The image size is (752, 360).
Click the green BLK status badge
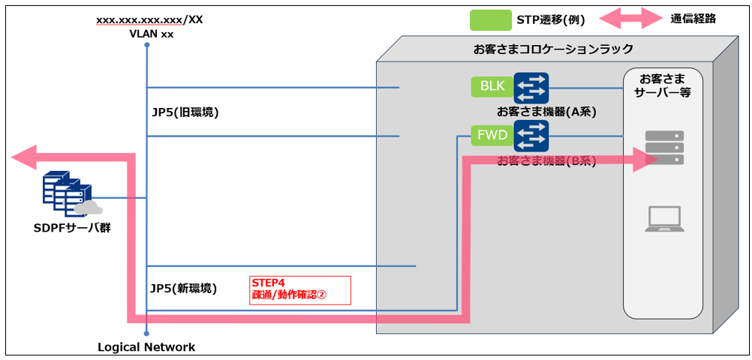(492, 86)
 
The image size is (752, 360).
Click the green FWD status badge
(492, 136)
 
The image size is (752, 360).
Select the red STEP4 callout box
(301, 290)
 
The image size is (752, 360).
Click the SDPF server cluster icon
(70, 194)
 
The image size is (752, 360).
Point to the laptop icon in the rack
(664, 219)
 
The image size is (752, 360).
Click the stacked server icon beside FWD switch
(664, 148)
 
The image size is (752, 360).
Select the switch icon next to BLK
(531, 88)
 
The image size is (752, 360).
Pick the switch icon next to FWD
(531, 135)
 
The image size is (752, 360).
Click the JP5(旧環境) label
(185, 112)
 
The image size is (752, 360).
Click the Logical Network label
(146, 347)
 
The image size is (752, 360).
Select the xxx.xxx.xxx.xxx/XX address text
(149, 19)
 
